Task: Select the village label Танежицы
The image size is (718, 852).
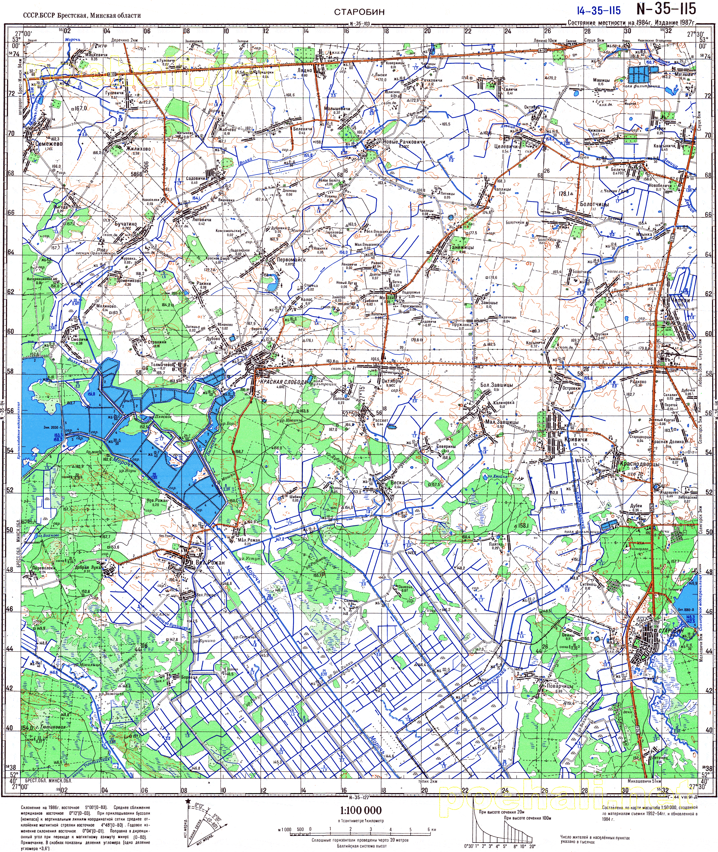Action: tap(461, 247)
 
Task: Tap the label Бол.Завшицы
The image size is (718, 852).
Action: tap(497, 385)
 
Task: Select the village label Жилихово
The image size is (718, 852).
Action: tap(138, 149)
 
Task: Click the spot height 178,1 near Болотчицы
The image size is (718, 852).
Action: tap(565, 194)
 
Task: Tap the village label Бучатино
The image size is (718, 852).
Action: tap(125, 224)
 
